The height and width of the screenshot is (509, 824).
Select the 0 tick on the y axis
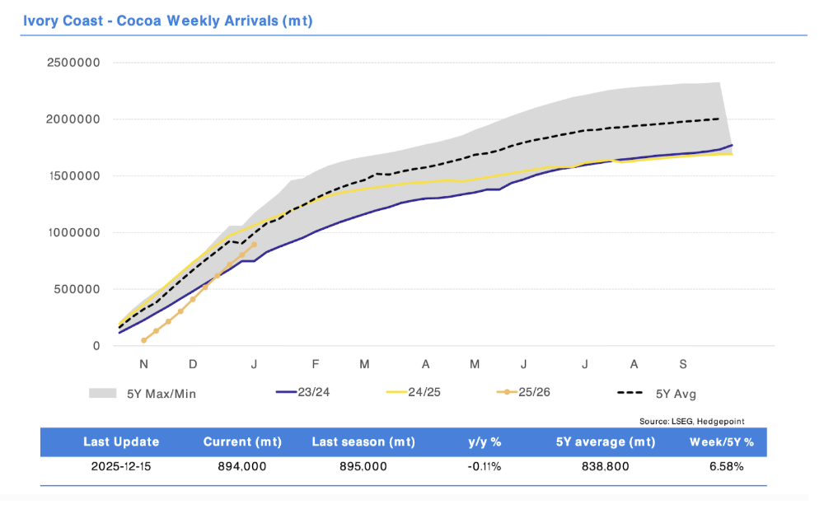[x=96, y=347]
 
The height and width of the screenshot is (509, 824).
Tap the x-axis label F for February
[x=316, y=364]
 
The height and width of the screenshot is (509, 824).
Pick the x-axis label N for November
[x=143, y=364]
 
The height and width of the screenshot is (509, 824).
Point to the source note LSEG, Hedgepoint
[x=691, y=421]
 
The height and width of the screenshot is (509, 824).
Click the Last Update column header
[x=121, y=442]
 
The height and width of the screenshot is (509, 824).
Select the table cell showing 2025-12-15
[x=121, y=467]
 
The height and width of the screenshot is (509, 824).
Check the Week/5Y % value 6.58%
[x=725, y=467]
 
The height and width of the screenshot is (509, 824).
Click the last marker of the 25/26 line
[x=254, y=245]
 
